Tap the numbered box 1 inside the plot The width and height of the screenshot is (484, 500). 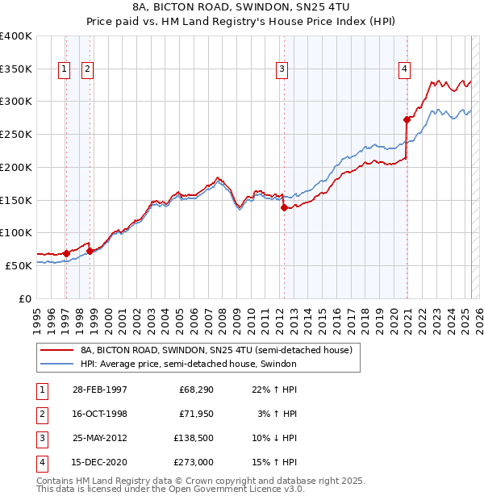pyautogui.click(x=64, y=69)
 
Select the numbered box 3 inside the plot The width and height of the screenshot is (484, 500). pyautogui.click(x=282, y=69)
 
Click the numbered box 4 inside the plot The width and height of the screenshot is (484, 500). pyautogui.click(x=403, y=69)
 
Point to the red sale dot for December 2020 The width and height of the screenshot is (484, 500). pyautogui.click(x=407, y=119)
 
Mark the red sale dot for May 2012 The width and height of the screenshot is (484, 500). pyautogui.click(x=284, y=207)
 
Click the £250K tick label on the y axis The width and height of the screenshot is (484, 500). pyautogui.click(x=15, y=135)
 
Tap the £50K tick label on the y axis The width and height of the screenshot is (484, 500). pyautogui.click(x=19, y=265)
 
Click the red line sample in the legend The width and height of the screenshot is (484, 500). pyautogui.click(x=56, y=351)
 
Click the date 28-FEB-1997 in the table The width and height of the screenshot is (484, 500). pyautogui.click(x=98, y=390)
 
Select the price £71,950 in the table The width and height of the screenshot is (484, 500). pyautogui.click(x=196, y=415)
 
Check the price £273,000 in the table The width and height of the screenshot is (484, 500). pyautogui.click(x=194, y=463)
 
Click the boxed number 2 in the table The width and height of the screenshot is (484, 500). pyautogui.click(x=40, y=415)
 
